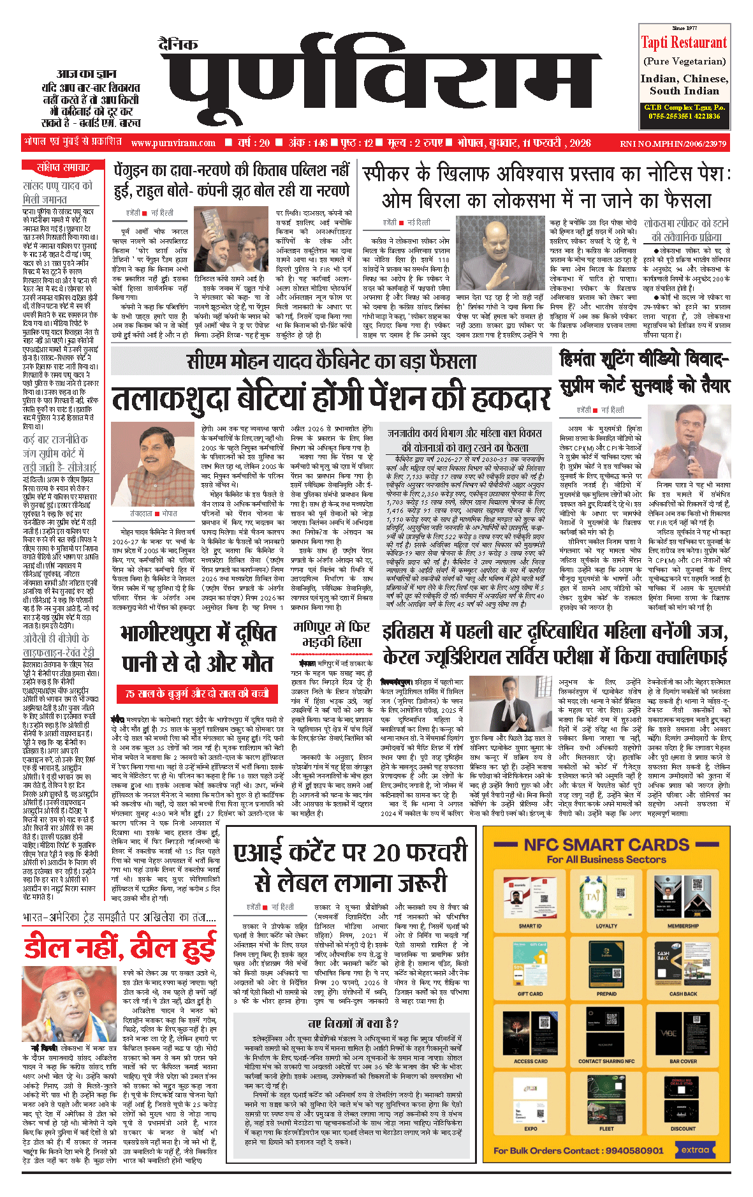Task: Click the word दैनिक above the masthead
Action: click(179, 44)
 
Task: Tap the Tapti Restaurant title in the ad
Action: click(684, 43)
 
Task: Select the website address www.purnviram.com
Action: click(173, 143)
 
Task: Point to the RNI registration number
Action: click(673, 144)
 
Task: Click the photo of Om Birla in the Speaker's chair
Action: click(501, 254)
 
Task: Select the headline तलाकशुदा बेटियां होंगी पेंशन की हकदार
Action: click(331, 398)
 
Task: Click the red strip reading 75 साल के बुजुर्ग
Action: click(198, 693)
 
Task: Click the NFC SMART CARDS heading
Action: click(606, 845)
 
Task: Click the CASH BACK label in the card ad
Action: click(683, 993)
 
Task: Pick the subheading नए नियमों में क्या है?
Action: click(353, 1023)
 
